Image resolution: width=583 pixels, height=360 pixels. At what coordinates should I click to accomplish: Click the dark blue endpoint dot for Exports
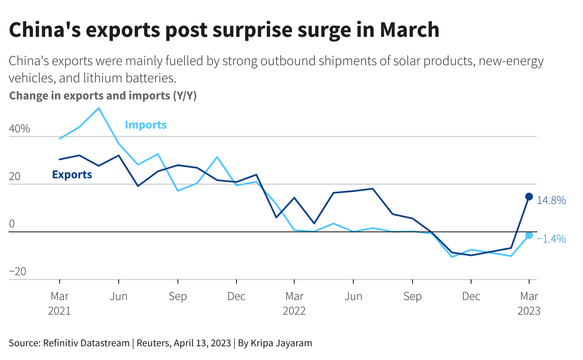529,197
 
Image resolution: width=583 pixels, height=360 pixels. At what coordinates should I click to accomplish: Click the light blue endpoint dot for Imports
529,235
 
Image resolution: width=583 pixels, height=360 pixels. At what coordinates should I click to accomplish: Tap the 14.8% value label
551,201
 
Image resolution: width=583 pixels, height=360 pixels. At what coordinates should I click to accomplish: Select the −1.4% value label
551,239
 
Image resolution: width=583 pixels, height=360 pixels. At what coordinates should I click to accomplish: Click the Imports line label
146,125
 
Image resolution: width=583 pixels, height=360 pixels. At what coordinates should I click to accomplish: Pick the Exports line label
72,175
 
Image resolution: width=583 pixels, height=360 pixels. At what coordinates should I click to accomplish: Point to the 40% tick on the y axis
19,129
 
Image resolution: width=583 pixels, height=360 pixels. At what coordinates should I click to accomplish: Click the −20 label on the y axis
18,271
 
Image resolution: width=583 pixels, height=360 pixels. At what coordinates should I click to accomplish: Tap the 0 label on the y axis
12,224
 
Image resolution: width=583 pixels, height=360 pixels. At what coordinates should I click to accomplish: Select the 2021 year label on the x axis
59,311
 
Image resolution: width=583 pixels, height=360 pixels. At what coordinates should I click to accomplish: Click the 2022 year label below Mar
294,311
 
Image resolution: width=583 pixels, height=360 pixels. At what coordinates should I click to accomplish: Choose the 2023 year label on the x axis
529,311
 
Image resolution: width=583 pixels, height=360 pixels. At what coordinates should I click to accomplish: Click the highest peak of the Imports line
99,108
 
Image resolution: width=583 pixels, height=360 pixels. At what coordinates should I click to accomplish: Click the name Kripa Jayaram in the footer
281,343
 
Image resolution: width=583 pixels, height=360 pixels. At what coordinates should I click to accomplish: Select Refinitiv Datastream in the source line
86,343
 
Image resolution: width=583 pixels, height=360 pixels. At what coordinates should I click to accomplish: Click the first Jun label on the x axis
119,297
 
